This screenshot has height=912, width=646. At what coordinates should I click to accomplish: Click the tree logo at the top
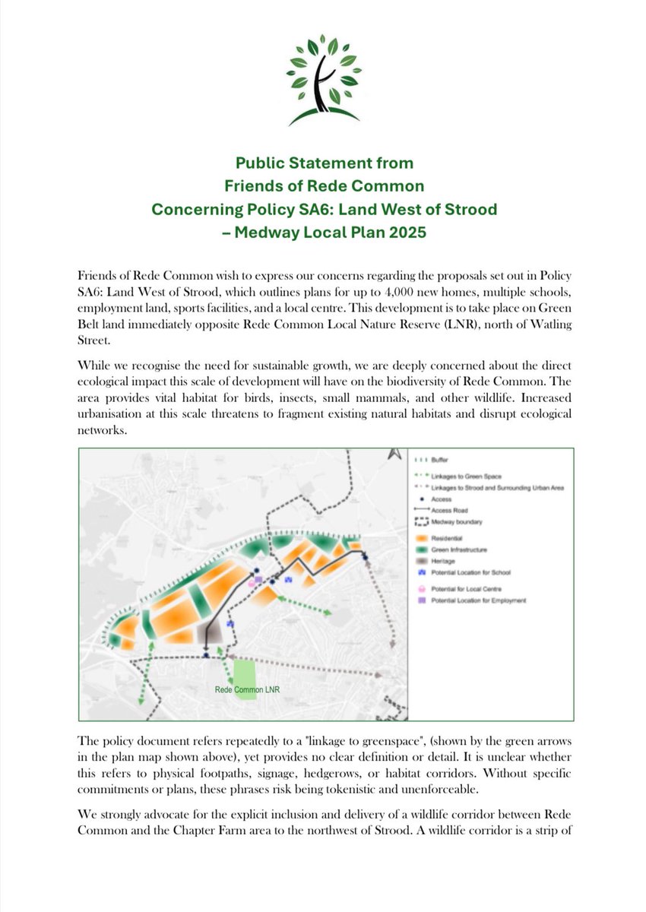pos(322,79)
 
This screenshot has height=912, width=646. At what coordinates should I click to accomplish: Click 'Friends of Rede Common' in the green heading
pos(322,184)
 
